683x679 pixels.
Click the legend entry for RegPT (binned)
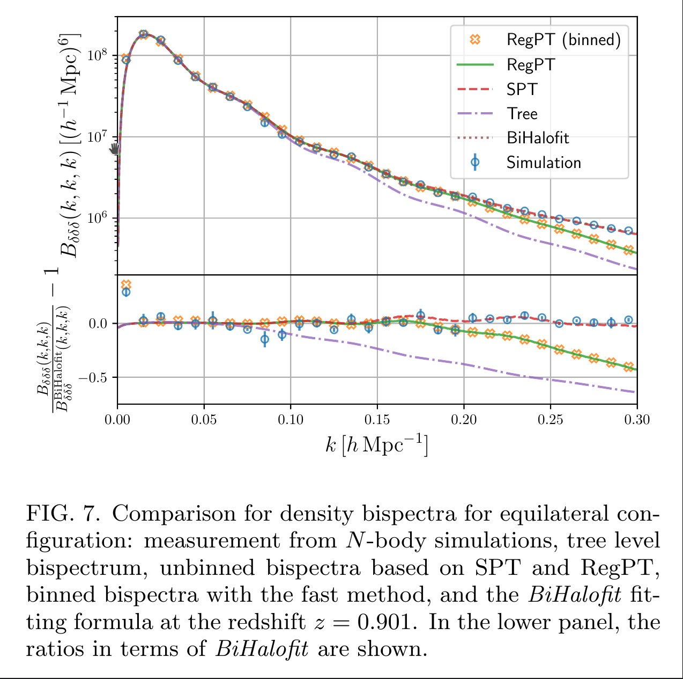tap(563, 40)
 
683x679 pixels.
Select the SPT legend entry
tap(522, 89)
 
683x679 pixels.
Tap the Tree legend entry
tap(522, 114)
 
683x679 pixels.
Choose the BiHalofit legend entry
tap(537, 138)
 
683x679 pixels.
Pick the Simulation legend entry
tap(543, 163)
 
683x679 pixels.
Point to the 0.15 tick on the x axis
tap(377, 419)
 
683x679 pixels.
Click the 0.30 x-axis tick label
tap(637, 419)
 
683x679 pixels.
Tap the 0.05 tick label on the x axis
tap(204, 419)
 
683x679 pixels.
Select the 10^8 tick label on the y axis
tap(97, 55)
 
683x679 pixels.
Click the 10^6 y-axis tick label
tap(97, 218)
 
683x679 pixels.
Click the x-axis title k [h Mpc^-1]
tap(377, 446)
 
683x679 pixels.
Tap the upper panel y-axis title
tap(70, 145)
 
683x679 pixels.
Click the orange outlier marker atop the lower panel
tap(126, 284)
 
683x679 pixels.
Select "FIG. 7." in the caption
tap(63, 514)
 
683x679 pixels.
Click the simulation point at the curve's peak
tap(143, 34)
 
